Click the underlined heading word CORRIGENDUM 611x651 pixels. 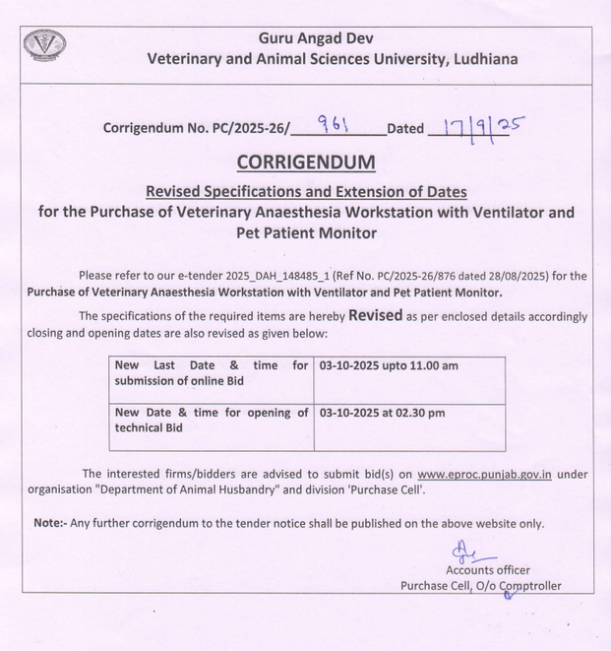point(306,162)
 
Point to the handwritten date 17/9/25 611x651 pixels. point(471,126)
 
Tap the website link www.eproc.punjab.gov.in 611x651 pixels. point(483,474)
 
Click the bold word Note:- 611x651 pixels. point(49,524)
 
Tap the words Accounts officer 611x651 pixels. point(487,570)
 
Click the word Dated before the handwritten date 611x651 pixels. point(405,128)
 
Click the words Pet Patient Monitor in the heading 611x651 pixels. point(306,233)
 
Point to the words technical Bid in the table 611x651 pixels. point(149,428)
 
